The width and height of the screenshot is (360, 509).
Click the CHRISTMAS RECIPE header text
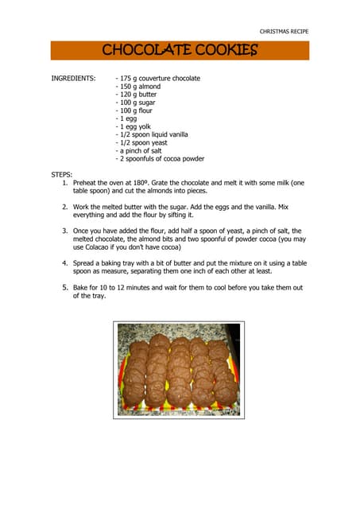284,31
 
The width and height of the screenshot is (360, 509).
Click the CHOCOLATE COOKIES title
180,51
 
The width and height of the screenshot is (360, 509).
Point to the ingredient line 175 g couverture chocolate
158,79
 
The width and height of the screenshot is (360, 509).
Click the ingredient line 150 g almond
138,87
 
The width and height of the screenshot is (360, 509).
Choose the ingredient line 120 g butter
137,95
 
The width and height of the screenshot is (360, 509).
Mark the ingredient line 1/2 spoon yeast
142,142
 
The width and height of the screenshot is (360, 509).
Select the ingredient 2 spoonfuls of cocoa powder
161,158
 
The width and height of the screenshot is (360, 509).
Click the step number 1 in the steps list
65,182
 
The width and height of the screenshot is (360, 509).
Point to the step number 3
65,230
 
